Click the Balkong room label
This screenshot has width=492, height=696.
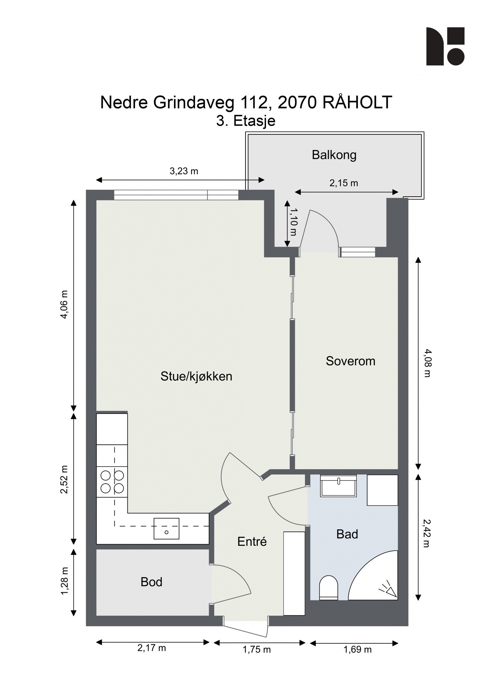(334, 155)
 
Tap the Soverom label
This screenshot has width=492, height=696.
(351, 361)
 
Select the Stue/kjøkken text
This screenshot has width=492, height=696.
(196, 376)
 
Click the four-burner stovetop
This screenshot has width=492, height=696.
(112, 482)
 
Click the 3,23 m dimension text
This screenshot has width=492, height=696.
(184, 171)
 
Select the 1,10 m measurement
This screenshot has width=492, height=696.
(294, 222)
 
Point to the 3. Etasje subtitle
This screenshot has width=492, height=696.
(246, 121)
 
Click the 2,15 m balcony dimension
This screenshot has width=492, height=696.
(344, 183)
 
